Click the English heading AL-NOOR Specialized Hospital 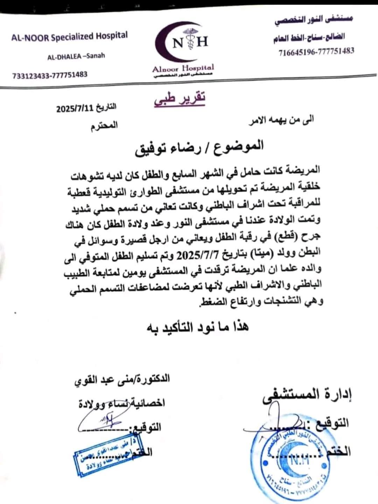[69, 36]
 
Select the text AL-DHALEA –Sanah [76, 56]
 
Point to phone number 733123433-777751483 [50, 75]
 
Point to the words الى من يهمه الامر [281, 120]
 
